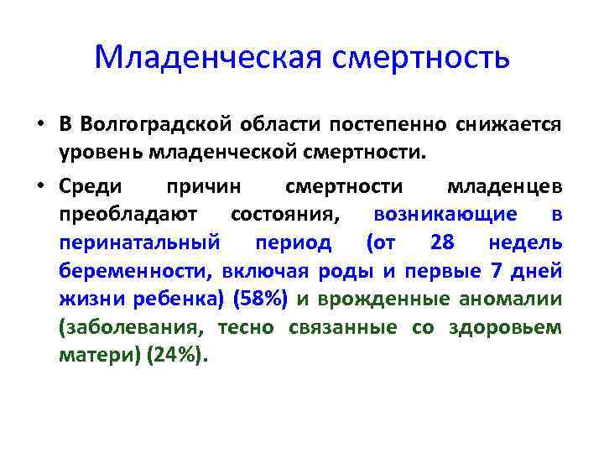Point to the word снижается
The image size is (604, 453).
pyautogui.click(x=509, y=125)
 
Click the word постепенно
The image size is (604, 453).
pyautogui.click(x=401, y=125)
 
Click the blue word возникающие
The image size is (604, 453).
pyautogui.click(x=445, y=214)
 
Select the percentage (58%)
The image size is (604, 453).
pyautogui.click(x=262, y=299)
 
